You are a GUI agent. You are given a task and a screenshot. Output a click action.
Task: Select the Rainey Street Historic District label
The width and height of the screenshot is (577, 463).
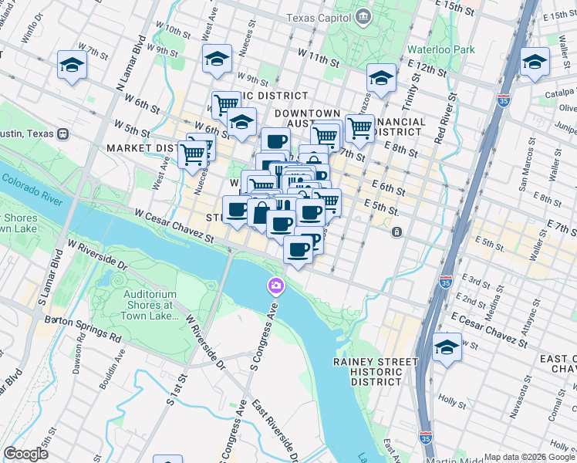click(x=367, y=371)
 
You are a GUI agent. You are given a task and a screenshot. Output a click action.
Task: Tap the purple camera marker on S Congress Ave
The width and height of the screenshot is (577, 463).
click(x=275, y=287)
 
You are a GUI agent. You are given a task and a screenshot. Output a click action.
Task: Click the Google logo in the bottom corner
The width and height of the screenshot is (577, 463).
click(x=25, y=454)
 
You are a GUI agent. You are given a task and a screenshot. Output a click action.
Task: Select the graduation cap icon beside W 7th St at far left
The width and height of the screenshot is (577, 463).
click(x=72, y=66)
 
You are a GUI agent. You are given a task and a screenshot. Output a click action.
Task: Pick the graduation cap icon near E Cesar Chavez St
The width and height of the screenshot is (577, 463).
click(x=447, y=347)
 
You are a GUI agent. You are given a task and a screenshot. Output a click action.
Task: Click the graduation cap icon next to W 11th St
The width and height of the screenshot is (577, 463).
click(x=217, y=59)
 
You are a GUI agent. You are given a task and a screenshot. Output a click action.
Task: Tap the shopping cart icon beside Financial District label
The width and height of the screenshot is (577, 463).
click(x=359, y=127)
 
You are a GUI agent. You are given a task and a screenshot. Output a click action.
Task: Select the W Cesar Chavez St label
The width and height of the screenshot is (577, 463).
click(x=174, y=225)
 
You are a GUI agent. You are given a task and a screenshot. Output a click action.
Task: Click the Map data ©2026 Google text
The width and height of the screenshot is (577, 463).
click(x=528, y=457)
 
